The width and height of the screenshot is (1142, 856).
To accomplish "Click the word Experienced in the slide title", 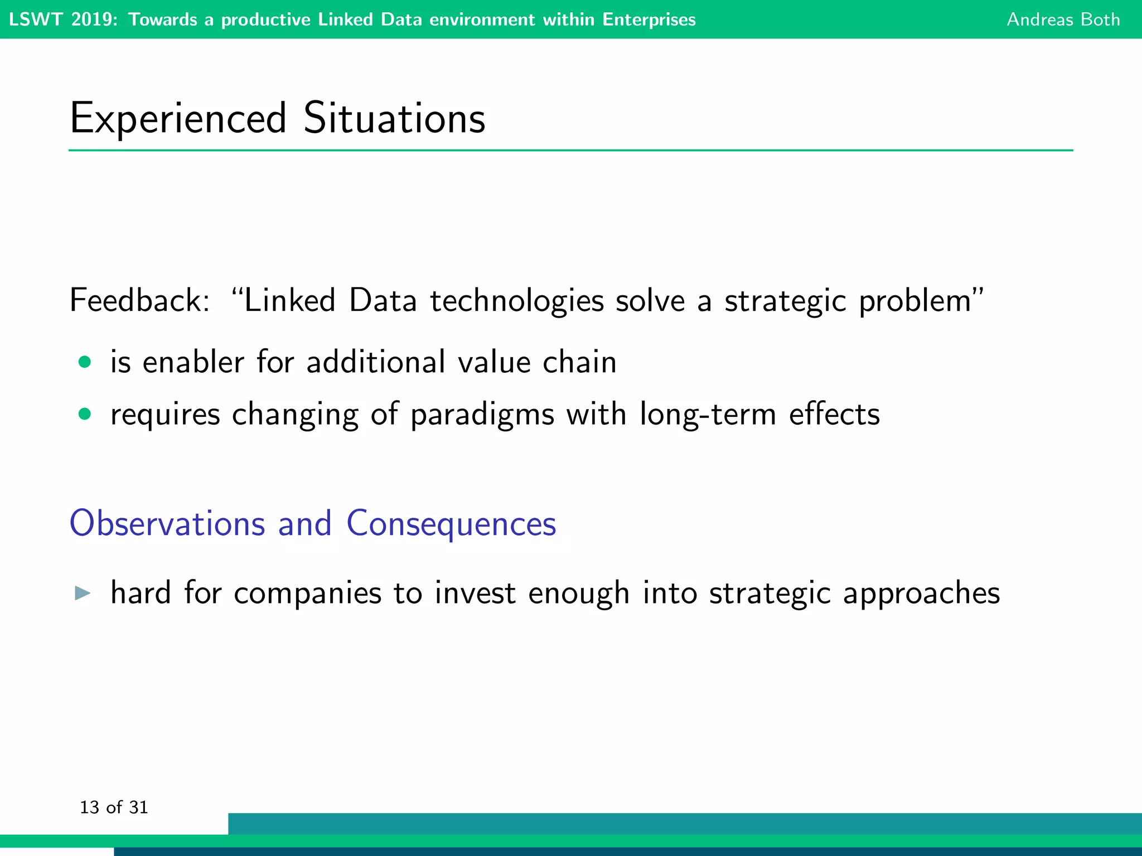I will click(178, 118).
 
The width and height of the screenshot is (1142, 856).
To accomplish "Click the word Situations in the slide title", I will click(394, 118).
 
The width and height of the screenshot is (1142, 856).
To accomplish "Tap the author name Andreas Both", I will click(1063, 20).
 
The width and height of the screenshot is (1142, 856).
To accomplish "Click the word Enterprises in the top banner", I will click(649, 20).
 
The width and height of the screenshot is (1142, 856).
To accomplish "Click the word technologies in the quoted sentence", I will click(516, 300).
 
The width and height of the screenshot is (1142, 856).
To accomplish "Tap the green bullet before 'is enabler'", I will click(85, 362).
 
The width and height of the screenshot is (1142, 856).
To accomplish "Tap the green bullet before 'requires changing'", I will click(85, 414).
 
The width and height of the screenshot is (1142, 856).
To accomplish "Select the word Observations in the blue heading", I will click(167, 523).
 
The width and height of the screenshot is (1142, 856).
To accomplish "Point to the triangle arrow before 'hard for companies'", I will click(83, 593).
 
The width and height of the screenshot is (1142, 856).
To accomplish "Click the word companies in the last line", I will click(307, 594).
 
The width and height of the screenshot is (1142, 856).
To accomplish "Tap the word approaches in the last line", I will click(921, 594).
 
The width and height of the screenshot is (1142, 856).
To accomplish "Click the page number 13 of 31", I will click(114, 807).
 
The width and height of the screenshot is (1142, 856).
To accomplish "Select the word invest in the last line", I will click(475, 593).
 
